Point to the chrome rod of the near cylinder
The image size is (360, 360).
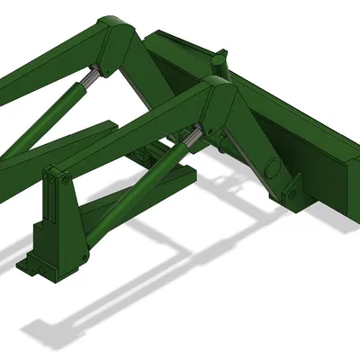pos(190,139)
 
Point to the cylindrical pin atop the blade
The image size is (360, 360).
pos(219,62)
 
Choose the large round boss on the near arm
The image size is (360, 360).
pos(273,166)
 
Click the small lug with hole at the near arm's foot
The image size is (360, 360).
pos(292,194)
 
